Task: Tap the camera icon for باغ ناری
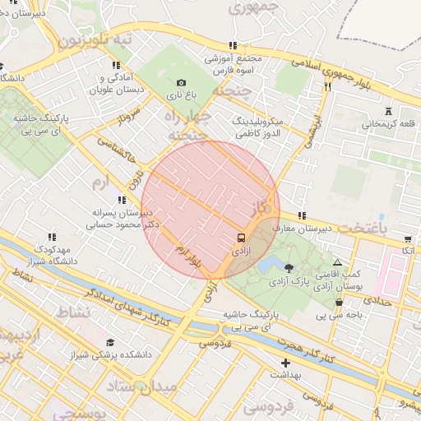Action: pyautogui.click(x=182, y=82)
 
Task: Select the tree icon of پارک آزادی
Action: pyautogui.click(x=289, y=267)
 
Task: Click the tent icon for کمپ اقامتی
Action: pyautogui.click(x=337, y=261)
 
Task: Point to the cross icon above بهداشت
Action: pyautogui.click(x=285, y=363)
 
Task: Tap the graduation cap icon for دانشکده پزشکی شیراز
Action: pyautogui.click(x=110, y=342)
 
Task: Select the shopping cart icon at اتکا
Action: pyautogui.click(x=408, y=239)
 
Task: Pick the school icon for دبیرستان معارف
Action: pyautogui.click(x=302, y=215)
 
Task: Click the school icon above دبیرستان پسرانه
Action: pyautogui.click(x=122, y=199)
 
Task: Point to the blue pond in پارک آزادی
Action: pyautogui.click(x=267, y=265)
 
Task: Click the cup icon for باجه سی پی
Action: pyautogui.click(x=339, y=303)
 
